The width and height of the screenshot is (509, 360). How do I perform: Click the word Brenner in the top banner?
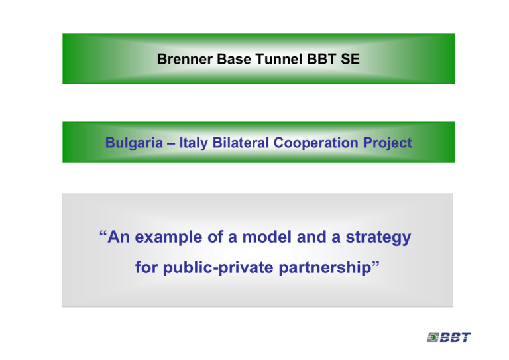185,59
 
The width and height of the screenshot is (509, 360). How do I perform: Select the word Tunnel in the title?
279,59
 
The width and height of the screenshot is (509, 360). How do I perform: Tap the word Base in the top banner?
234,59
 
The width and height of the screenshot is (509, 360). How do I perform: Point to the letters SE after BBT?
350,59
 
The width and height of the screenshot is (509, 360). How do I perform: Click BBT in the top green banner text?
321,59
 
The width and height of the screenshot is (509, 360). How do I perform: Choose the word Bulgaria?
134,143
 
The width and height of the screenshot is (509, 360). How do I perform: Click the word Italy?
194,143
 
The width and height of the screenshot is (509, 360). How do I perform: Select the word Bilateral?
241,143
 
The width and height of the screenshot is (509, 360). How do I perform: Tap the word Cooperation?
316,143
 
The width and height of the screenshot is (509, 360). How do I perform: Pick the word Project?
387,143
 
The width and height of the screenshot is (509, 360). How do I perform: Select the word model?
266,237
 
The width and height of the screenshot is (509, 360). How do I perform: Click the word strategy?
378,237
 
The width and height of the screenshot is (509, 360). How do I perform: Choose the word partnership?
325,268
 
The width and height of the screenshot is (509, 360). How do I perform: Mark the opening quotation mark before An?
103,233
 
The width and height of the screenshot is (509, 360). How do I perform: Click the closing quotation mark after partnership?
375,263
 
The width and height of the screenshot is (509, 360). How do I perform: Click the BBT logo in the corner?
449,337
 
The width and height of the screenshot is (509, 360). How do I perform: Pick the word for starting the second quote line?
146,267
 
